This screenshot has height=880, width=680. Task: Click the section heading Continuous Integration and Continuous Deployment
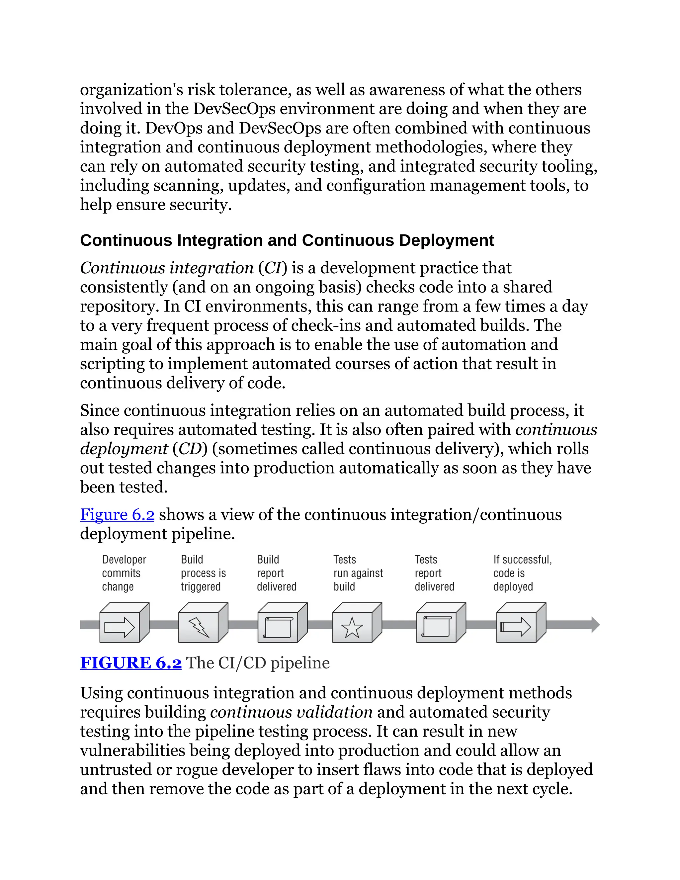(x=287, y=240)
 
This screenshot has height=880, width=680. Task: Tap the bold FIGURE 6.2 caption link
(x=130, y=663)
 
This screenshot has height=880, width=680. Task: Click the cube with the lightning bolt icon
(x=203, y=623)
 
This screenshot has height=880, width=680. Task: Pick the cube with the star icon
(x=356, y=623)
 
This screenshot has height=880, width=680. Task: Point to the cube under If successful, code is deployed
(x=521, y=623)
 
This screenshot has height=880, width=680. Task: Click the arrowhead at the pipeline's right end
(x=595, y=625)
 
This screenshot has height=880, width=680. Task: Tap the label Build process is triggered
(x=203, y=573)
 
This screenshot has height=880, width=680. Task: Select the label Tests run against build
(x=358, y=573)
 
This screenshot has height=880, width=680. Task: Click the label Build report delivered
(x=276, y=573)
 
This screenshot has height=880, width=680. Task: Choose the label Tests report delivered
(x=434, y=573)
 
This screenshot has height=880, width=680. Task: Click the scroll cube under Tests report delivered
(x=440, y=623)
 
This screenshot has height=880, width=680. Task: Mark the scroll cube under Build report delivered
(x=282, y=623)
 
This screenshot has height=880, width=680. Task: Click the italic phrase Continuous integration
(x=166, y=268)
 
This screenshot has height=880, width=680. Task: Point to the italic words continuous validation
(x=291, y=712)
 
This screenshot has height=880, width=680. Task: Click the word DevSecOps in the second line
(x=234, y=109)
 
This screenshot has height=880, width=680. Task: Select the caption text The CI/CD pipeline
(x=258, y=663)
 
